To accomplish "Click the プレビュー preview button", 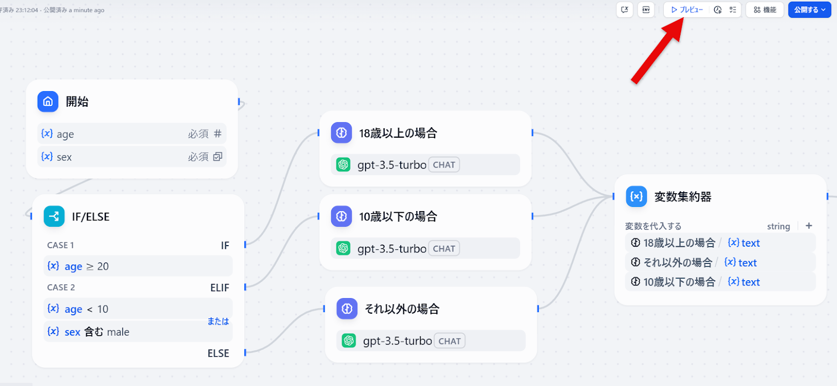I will coord(687,10).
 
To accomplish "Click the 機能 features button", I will coord(765,10).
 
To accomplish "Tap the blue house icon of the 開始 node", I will coord(48,102).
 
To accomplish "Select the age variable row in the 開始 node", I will coord(131,134).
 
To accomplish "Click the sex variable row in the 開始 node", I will coord(131,157).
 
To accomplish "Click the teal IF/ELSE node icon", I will coord(54,216).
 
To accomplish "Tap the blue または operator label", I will coord(218,321).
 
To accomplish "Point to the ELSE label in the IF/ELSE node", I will coord(218,354).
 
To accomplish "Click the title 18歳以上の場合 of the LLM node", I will coord(398,133).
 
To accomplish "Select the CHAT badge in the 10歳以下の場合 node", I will coord(444,249).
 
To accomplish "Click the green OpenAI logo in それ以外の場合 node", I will coord(349,341).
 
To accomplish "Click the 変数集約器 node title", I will coord(683,197).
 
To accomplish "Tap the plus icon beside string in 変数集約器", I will coord(809,226).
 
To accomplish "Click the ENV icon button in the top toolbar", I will coord(646,10).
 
